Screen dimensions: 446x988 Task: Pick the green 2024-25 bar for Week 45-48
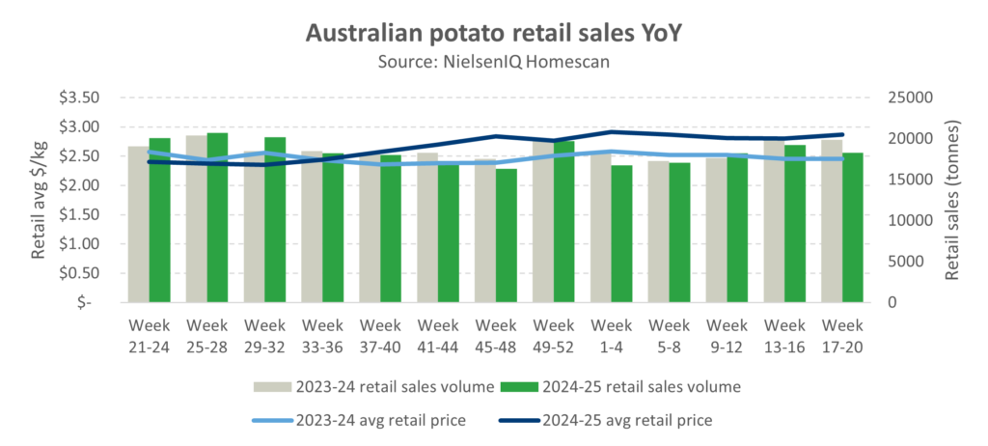507,236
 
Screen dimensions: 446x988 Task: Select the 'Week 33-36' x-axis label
323,334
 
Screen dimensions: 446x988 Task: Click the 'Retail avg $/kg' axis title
40,198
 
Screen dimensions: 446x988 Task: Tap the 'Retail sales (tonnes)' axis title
953,200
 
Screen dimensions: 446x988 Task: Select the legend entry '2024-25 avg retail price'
630,420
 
